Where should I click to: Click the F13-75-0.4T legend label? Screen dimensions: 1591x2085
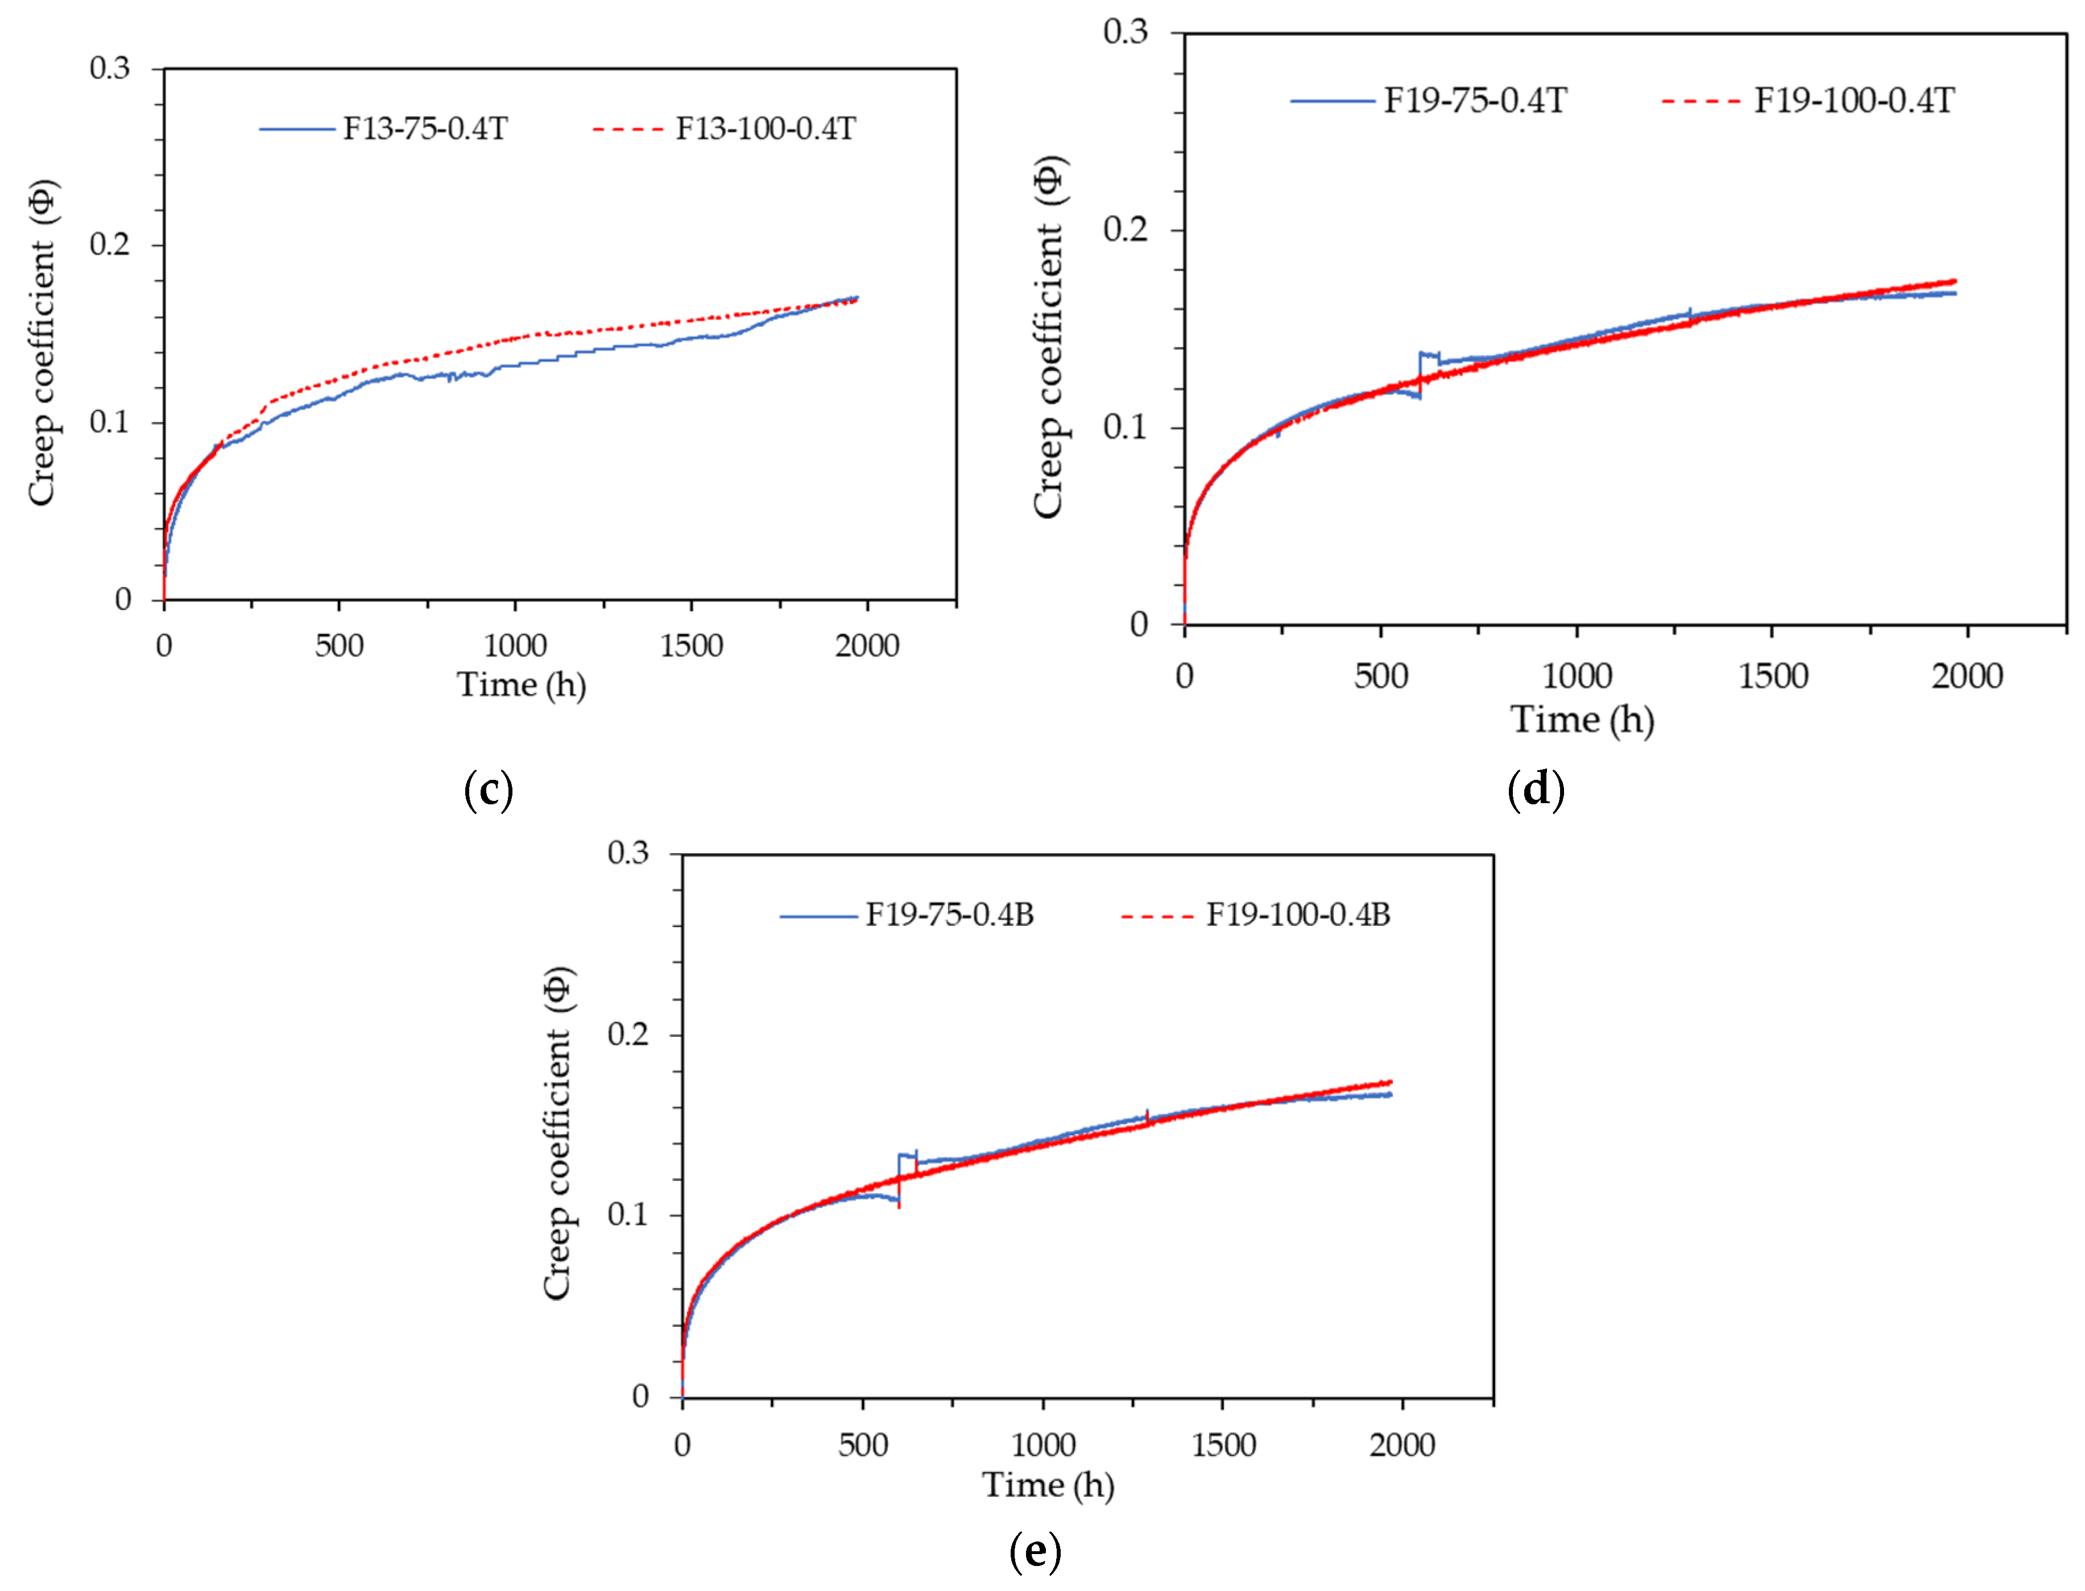pos(425,129)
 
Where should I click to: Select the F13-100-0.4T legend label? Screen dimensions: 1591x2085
pos(766,129)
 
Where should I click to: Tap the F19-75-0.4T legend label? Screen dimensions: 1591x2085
pos(1475,101)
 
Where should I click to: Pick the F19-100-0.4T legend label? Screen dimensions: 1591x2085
pos(1854,101)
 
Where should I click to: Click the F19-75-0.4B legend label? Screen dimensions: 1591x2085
pos(949,915)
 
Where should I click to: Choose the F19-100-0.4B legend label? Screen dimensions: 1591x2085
pos(1298,915)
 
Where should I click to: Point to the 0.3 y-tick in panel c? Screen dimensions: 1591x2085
pos(110,68)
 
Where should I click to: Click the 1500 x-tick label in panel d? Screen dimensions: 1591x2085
pos(1772,676)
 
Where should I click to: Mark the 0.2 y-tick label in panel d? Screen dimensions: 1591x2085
pos(1126,229)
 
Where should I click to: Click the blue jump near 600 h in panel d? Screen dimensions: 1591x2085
pos(1420,374)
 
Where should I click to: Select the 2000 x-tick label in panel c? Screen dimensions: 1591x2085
pos(867,646)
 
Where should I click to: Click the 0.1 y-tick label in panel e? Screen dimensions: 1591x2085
pos(628,1214)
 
